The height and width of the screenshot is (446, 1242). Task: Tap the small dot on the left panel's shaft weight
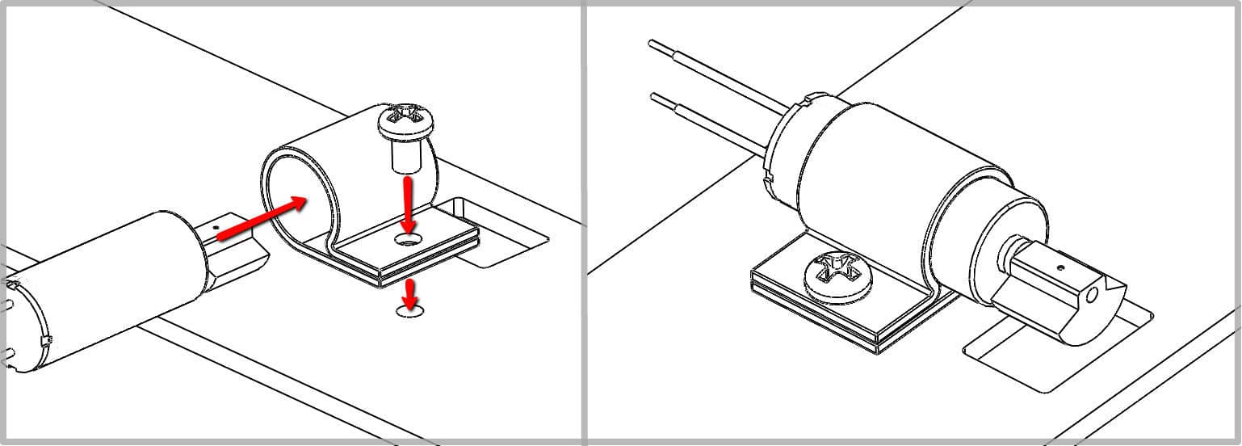point(217,229)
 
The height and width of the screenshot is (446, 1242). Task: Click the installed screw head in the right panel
point(838,277)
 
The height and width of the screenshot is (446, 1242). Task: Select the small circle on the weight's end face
point(1092,297)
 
